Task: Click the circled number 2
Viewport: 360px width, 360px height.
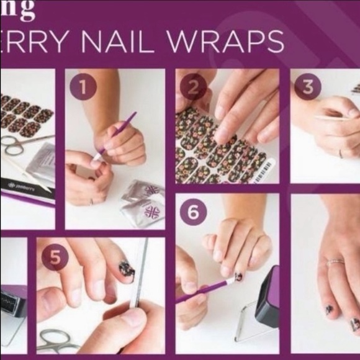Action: pyautogui.click(x=193, y=87)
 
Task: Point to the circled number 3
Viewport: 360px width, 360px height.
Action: pyautogui.click(x=307, y=87)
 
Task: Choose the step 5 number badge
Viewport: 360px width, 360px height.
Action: pyautogui.click(x=55, y=256)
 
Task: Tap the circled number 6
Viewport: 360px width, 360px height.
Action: pyautogui.click(x=193, y=212)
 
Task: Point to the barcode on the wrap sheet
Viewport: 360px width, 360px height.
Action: pyautogui.click(x=268, y=170)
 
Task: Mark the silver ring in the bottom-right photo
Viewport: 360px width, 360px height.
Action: pyautogui.click(x=336, y=262)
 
